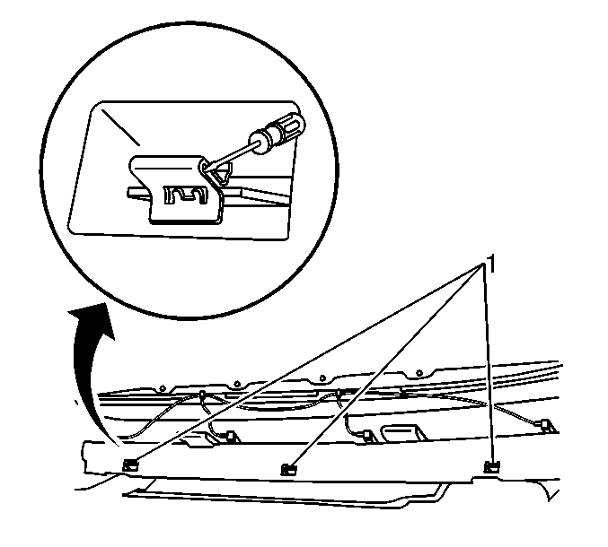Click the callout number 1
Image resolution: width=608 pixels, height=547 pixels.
click(x=490, y=265)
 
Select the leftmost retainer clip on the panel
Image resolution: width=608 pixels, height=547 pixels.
click(x=129, y=465)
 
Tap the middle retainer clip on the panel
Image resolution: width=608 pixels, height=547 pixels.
click(x=287, y=470)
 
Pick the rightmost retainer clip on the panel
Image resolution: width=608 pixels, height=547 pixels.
click(x=492, y=467)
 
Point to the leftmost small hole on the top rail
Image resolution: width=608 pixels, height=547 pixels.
click(x=163, y=388)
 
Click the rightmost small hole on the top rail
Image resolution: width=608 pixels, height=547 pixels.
click(x=419, y=373)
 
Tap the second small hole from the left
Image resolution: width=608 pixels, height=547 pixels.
click(x=236, y=384)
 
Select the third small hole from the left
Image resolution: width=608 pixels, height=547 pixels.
click(x=322, y=378)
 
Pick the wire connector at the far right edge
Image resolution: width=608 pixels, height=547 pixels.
click(x=546, y=425)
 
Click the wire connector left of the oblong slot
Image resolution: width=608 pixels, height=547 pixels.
click(x=368, y=436)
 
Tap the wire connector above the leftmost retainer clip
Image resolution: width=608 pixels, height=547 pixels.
click(x=231, y=437)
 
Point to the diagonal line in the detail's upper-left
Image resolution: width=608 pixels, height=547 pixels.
click(x=120, y=127)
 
